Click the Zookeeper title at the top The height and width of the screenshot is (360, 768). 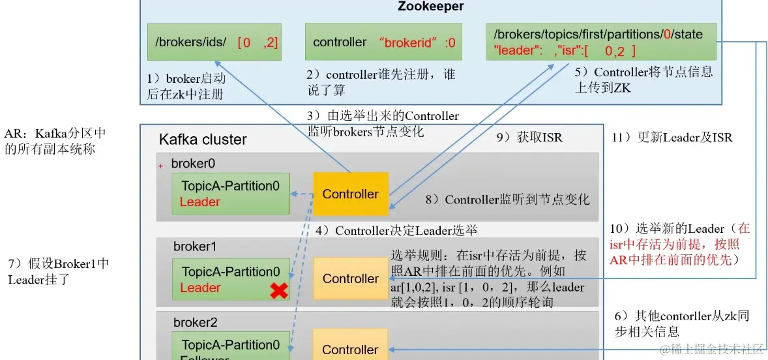(430, 7)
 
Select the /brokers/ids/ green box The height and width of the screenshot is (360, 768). (214, 42)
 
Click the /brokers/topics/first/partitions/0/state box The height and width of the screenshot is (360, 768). (601, 42)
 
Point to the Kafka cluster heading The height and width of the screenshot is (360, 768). (203, 140)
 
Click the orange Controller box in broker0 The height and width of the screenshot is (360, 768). (351, 194)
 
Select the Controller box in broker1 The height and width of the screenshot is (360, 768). (351, 278)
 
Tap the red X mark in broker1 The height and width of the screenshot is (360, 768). (279, 291)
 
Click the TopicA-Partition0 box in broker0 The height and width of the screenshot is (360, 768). (231, 194)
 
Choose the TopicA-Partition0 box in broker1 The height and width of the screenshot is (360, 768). (231, 279)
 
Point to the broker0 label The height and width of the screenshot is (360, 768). (193, 163)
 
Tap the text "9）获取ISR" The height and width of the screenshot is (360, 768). (530, 137)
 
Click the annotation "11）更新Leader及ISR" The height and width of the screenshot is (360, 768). (672, 138)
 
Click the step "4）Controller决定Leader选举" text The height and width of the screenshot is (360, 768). (397, 230)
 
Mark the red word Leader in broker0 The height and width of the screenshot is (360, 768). (199, 202)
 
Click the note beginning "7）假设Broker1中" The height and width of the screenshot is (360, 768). (58, 272)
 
